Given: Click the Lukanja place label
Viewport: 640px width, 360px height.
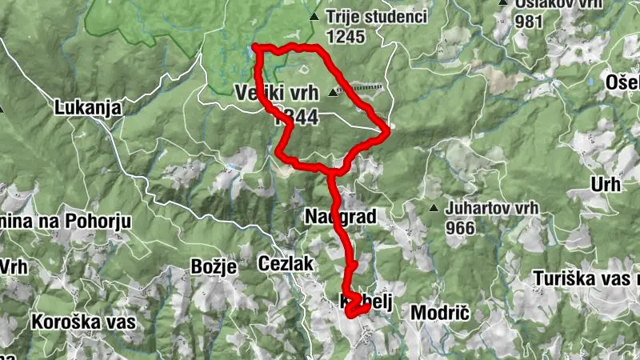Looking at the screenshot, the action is (88, 107).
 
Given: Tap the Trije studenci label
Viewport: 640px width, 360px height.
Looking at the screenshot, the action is (377, 16).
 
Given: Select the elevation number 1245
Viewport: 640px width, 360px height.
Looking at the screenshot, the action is (346, 36).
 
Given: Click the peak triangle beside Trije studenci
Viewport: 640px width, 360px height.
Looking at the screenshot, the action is (314, 16).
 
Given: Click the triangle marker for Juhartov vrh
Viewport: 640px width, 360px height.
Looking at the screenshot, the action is (434, 209).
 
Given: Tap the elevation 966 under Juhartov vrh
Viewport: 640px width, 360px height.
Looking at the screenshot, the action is (462, 228).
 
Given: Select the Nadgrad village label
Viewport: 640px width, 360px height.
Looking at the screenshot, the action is (340, 216).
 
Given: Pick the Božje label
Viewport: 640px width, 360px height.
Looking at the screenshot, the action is (214, 267).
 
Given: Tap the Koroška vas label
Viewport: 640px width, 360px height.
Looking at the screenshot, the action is (83, 322).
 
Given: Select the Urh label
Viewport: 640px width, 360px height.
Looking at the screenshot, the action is (606, 185).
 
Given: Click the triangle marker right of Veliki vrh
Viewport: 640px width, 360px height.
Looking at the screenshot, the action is (333, 92).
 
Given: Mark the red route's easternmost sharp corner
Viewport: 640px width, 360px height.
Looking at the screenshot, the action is (388, 129).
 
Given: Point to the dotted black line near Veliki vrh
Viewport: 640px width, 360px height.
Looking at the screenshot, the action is (365, 86).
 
